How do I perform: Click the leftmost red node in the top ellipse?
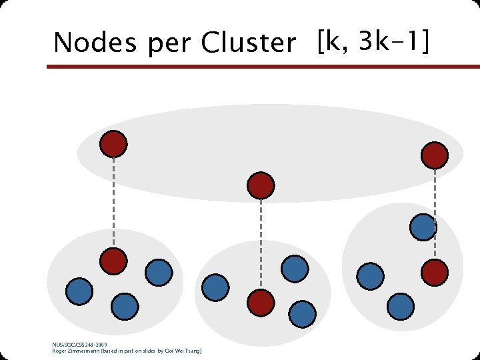point(113,143)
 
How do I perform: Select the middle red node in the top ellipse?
point(261,185)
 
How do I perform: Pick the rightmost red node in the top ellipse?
point(435,155)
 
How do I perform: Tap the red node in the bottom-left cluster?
point(113,261)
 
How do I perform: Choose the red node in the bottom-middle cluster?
point(261,303)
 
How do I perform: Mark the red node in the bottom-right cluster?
point(435,271)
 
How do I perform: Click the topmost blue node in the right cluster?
point(423,227)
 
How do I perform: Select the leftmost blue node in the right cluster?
point(370,275)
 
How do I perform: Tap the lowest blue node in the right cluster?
point(401,306)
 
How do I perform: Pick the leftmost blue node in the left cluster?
point(79,291)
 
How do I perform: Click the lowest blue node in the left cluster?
point(125,306)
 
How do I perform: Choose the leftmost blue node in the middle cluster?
point(215,287)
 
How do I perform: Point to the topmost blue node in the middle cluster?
point(295,269)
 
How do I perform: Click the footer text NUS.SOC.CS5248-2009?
point(79,345)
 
